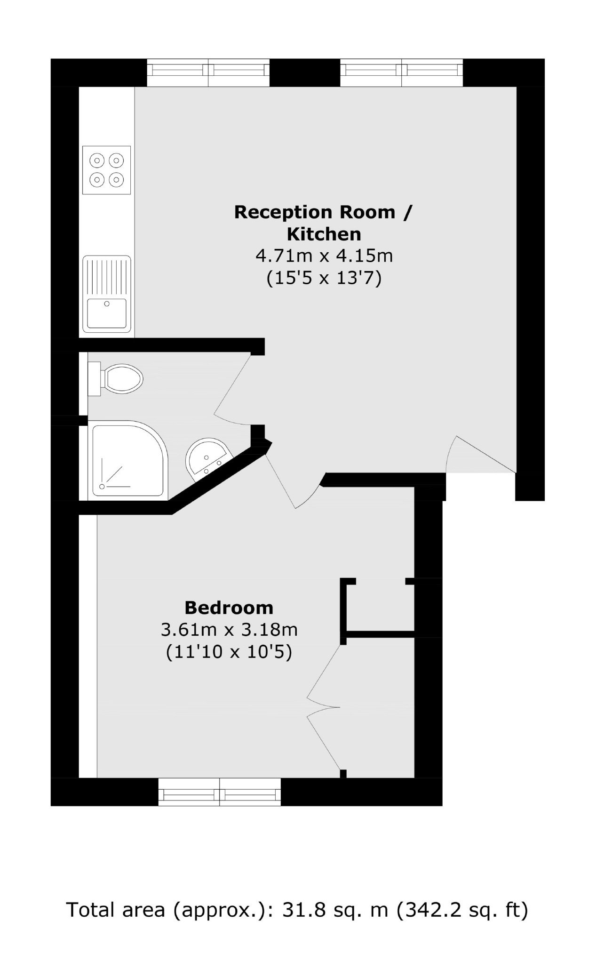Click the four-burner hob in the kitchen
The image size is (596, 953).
[106, 170]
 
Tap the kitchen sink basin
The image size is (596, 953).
[107, 313]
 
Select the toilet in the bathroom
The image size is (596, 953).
[115, 378]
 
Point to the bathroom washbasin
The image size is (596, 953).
[207, 458]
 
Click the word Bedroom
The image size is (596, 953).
[229, 608]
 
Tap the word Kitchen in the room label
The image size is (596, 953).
[324, 234]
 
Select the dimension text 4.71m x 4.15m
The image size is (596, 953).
[324, 256]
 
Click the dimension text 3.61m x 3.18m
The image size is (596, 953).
[229, 630]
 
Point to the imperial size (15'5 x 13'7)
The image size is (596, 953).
[324, 278]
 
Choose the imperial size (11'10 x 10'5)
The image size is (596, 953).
[229, 652]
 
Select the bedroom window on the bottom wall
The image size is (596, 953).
[220, 792]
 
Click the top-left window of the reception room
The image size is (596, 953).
[208, 73]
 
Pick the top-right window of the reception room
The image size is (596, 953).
[402, 73]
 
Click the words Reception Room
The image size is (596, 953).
[315, 212]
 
